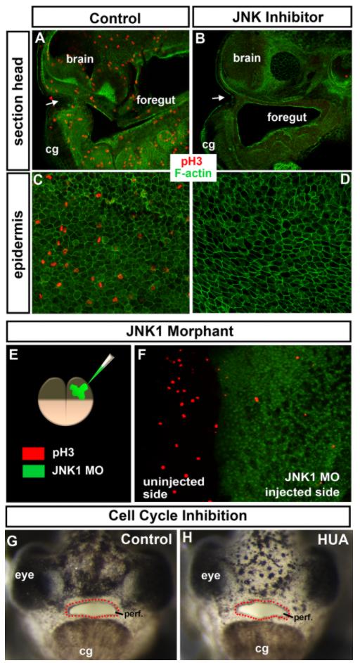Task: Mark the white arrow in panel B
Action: point(218,98)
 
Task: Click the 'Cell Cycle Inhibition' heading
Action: point(178,516)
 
